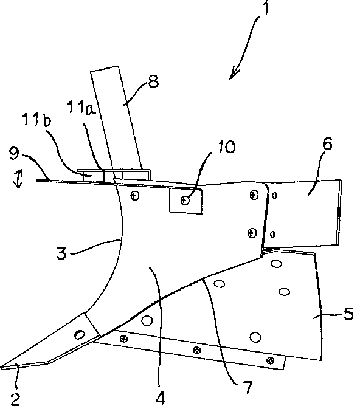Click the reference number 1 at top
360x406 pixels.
pos(266,7)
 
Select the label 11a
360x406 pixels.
pos(81,108)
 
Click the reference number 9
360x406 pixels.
pos(14,153)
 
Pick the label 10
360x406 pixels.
pos(226,147)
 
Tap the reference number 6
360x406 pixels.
pos(328,143)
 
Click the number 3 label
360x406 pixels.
pos(61,253)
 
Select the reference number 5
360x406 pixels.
pos(348,314)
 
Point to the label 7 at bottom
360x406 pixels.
pos(248,387)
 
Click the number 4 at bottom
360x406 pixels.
pos(161,397)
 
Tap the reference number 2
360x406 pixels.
pos(15,399)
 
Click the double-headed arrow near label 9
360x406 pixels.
pos(19,179)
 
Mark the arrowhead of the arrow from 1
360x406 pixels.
pos(233,74)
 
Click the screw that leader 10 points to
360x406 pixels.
pos(185,200)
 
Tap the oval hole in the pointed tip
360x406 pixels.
pos(80,335)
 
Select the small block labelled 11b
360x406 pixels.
pos(91,176)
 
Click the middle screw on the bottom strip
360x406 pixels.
pos(197,350)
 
